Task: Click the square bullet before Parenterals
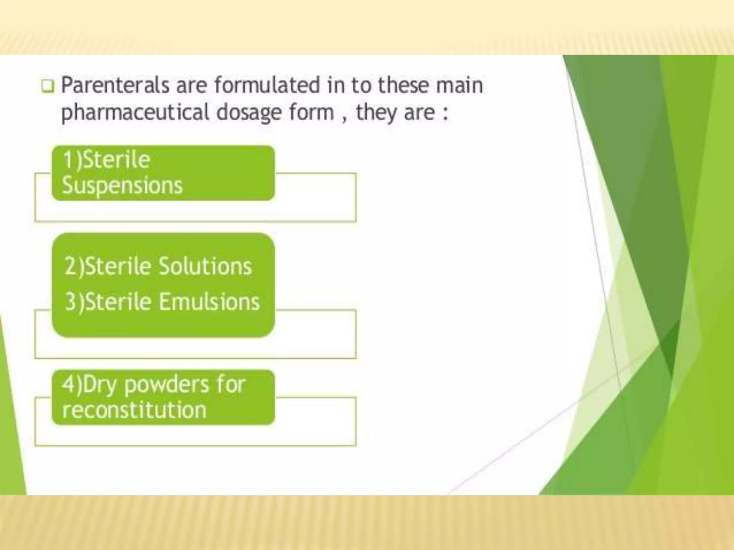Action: click(48, 86)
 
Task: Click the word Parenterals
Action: click(115, 86)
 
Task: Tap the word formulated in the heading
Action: click(267, 86)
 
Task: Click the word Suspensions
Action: click(122, 186)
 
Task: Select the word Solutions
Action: click(205, 267)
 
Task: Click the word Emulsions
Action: click(209, 301)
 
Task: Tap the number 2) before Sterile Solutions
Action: click(75, 267)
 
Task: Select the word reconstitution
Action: click(134, 410)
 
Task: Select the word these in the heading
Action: click(403, 86)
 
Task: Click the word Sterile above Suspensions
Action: click(117, 160)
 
